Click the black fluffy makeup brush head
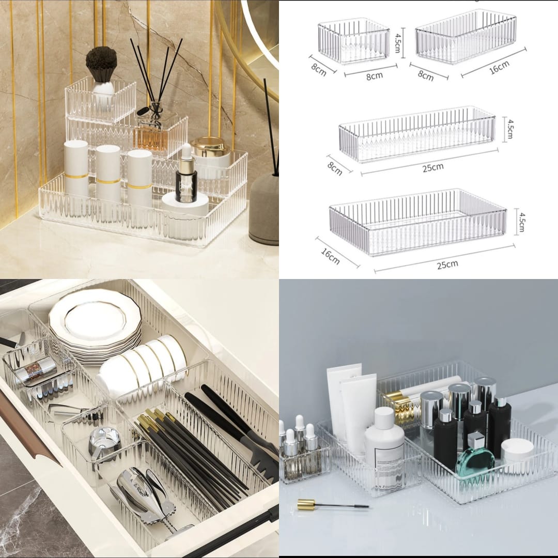point(101,63)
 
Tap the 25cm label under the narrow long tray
point(432,167)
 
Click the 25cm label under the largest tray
point(447,265)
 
